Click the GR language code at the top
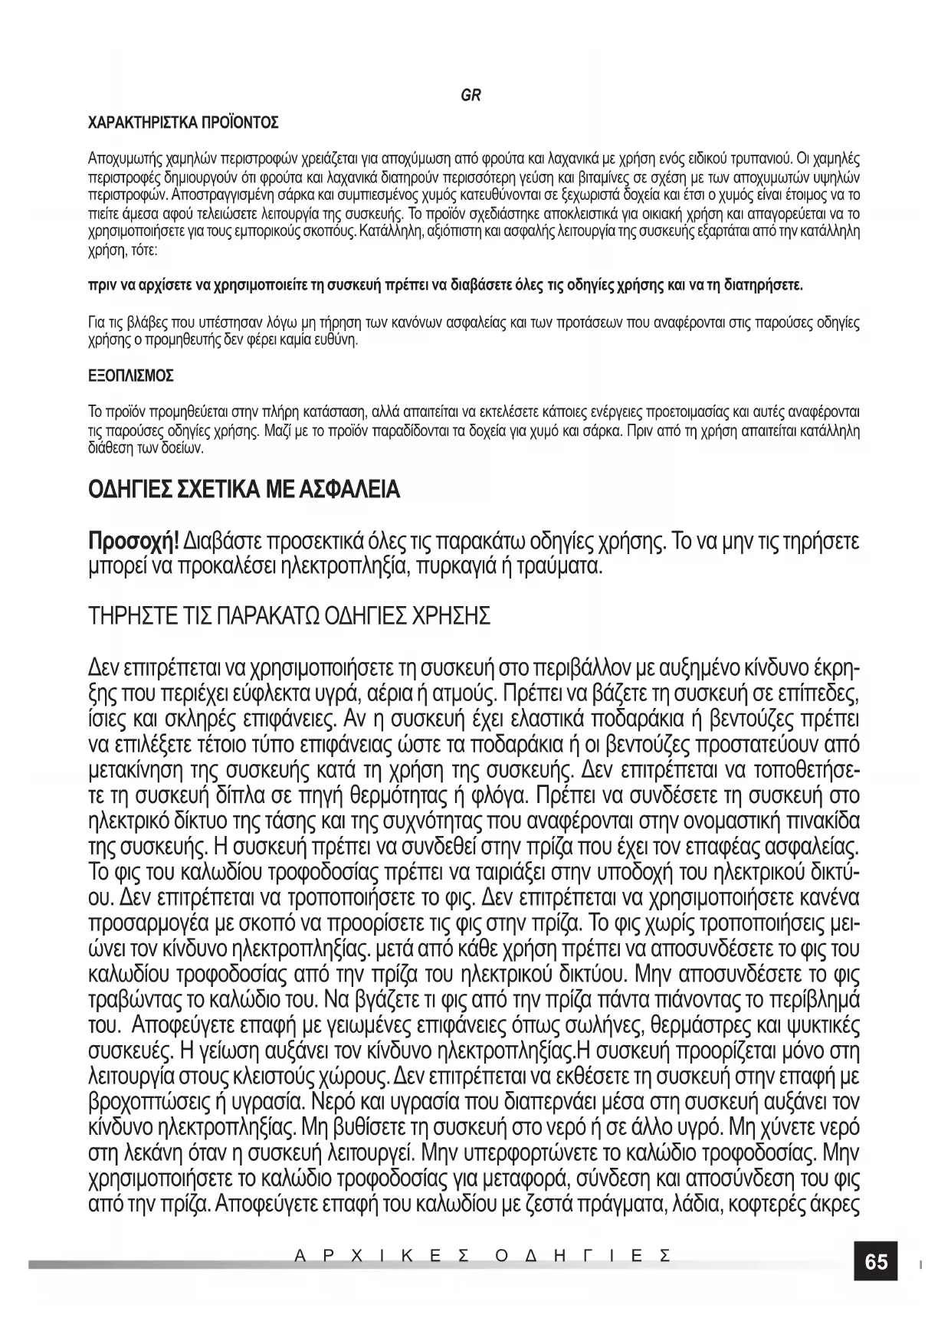(x=471, y=96)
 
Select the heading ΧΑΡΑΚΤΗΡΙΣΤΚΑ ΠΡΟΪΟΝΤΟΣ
(x=183, y=123)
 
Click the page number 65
(x=876, y=1261)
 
